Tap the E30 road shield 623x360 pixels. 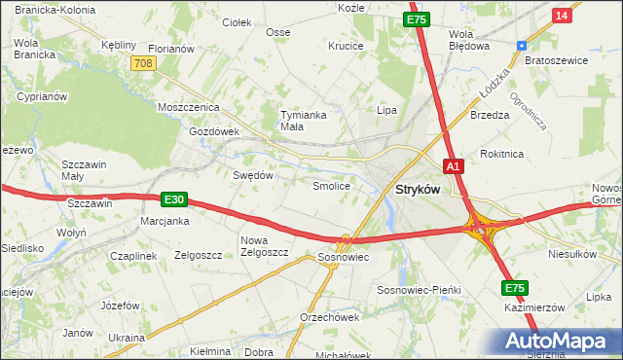(x=173, y=199)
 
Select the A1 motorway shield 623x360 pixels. (x=453, y=165)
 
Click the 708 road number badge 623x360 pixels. (x=142, y=62)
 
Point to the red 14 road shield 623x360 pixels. (x=561, y=16)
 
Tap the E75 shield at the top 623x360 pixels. (x=417, y=19)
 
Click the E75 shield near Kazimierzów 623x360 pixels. (x=514, y=288)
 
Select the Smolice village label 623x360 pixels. (x=331, y=185)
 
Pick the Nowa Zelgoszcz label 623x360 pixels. (x=265, y=246)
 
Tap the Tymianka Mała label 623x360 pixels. (x=302, y=120)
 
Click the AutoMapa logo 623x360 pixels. (x=560, y=342)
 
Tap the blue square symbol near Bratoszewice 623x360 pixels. (x=522, y=45)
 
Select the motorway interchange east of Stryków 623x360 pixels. (x=481, y=229)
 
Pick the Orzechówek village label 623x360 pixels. (x=330, y=317)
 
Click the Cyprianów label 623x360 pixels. (x=41, y=97)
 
